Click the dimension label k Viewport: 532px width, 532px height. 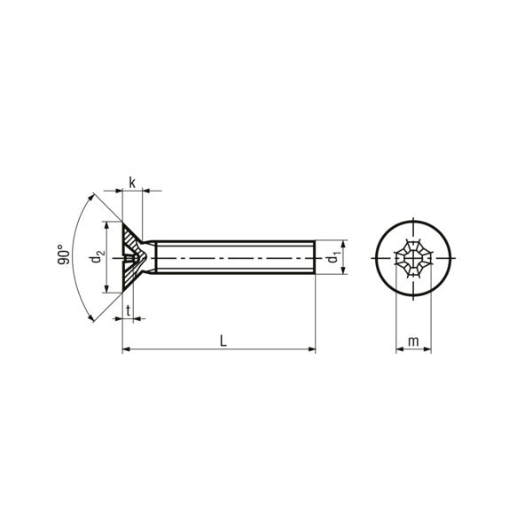pos(132,183)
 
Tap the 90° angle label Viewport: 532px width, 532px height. pos(64,254)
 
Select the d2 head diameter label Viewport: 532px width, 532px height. pos(97,256)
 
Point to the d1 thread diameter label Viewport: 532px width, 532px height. pos(333,258)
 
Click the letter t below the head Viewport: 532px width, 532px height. pos(128,311)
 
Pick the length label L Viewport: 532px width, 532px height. pos(223,340)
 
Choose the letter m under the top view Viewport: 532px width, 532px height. pos(413,341)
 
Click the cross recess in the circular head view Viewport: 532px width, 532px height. pos(413,258)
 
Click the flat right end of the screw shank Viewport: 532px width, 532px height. pos(315,257)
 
